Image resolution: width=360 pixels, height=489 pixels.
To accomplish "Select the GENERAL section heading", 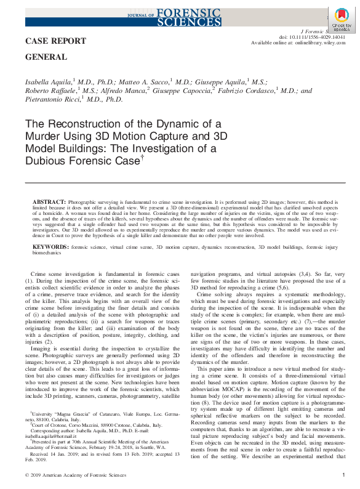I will click(46, 57).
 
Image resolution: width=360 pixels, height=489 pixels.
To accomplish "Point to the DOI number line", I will click(314, 37).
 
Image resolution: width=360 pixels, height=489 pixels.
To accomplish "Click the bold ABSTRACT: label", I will click(49, 202).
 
